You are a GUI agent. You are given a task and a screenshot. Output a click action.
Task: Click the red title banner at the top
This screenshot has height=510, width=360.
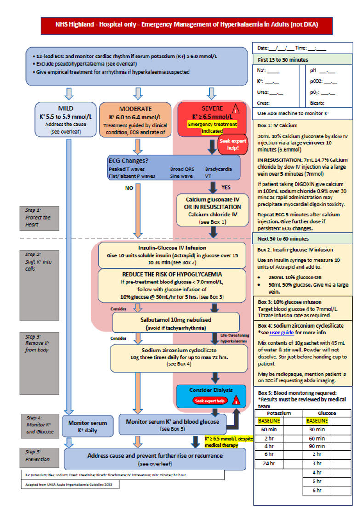[187, 24]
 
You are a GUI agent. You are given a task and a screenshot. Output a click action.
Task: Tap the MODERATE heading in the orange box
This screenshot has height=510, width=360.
[135, 109]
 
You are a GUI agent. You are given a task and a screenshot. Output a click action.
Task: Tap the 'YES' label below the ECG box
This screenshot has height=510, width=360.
[226, 187]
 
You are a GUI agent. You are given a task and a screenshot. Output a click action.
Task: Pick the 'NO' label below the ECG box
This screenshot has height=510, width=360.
[130, 187]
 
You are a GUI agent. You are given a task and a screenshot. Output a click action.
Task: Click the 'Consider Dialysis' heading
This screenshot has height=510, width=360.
[211, 390]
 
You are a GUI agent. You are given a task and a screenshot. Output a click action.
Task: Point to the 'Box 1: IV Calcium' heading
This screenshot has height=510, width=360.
[277, 125]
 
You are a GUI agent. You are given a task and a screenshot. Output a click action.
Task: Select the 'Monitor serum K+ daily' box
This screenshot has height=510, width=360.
[87, 426]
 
